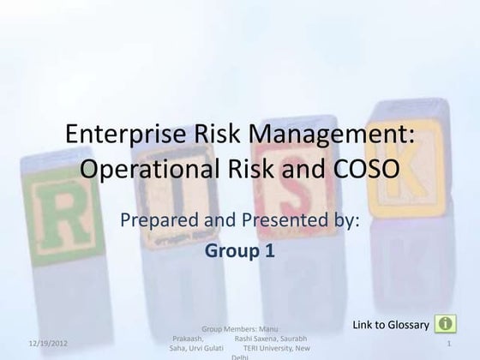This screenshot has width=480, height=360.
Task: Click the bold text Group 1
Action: pos(239,252)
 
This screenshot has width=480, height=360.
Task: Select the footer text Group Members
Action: pos(227,327)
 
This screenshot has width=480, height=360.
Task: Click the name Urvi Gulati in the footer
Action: pos(206,348)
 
